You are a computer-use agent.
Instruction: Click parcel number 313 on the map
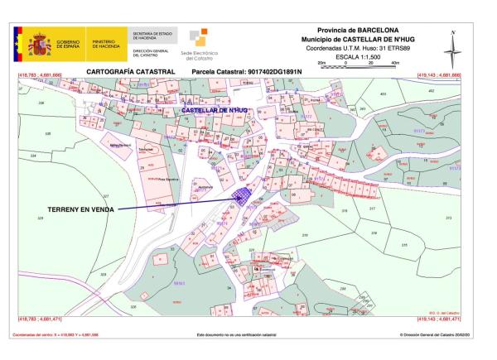448,218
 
